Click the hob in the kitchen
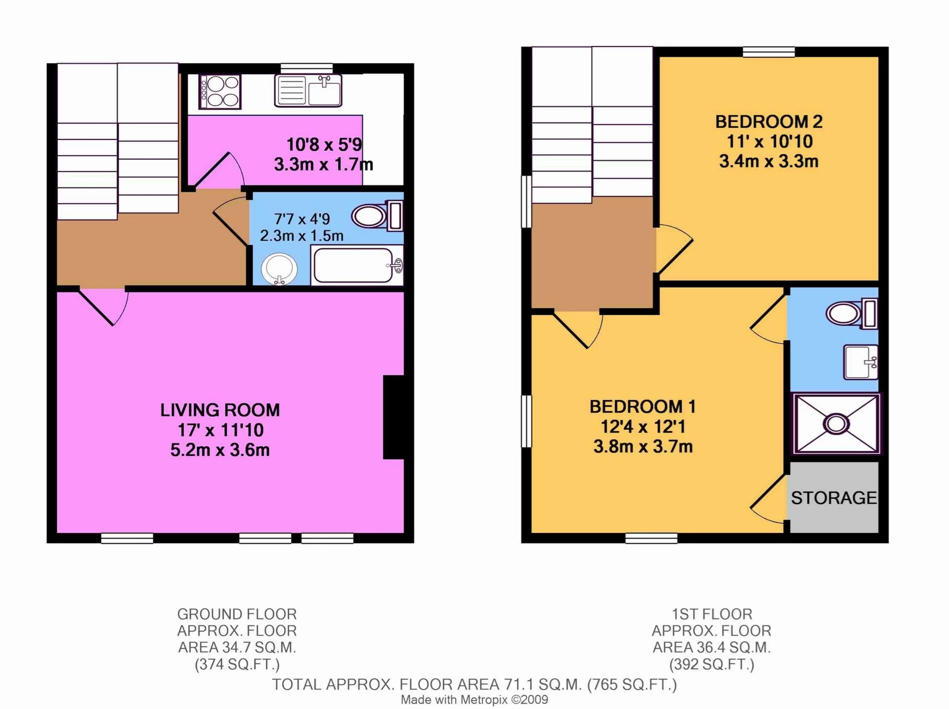click(x=220, y=92)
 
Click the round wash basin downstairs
click(x=279, y=269)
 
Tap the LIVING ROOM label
click(x=220, y=410)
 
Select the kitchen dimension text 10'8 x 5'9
click(x=324, y=145)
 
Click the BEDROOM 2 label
click(x=769, y=122)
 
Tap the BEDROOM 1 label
click(x=643, y=407)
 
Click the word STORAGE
click(x=834, y=498)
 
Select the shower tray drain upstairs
click(x=836, y=424)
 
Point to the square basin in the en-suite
click(x=861, y=362)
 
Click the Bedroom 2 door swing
click(x=674, y=250)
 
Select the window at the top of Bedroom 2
click(x=769, y=52)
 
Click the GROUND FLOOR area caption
click(x=237, y=639)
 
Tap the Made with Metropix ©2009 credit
click(x=474, y=700)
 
